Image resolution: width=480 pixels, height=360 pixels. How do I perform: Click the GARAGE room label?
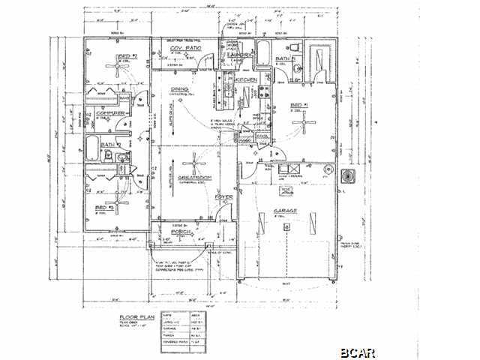(285, 211)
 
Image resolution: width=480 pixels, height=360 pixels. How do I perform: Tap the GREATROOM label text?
(193, 177)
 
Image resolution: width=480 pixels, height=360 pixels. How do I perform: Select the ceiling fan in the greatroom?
(194, 160)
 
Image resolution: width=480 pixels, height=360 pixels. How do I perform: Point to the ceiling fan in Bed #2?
(118, 67)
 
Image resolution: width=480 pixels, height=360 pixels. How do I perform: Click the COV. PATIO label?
(184, 49)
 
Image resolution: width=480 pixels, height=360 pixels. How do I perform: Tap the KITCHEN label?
(247, 79)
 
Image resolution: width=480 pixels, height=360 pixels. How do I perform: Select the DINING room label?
(180, 89)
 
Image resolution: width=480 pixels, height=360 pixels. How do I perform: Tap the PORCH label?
(182, 232)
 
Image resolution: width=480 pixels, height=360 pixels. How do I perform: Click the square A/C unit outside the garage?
(347, 176)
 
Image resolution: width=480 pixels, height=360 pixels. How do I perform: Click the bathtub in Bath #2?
(91, 149)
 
